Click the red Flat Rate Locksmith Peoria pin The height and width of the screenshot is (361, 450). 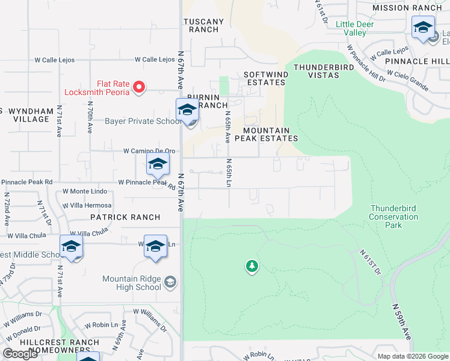(139, 88)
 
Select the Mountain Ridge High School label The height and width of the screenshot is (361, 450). (132, 283)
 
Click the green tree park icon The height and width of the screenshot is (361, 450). (251, 265)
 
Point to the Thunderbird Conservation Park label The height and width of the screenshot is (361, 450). (393, 217)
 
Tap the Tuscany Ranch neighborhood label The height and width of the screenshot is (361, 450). (203, 25)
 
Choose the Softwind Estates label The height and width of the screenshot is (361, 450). (264, 78)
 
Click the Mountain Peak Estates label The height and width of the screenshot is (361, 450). (271, 134)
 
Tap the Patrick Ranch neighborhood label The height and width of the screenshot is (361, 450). (125, 217)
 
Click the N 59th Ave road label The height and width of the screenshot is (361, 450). (402, 321)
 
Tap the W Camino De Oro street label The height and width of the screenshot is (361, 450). (149, 151)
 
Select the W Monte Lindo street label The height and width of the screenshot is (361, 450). (85, 191)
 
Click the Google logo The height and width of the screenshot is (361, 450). (20, 354)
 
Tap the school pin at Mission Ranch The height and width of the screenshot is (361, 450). (423, 28)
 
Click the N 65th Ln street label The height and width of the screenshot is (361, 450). (229, 171)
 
